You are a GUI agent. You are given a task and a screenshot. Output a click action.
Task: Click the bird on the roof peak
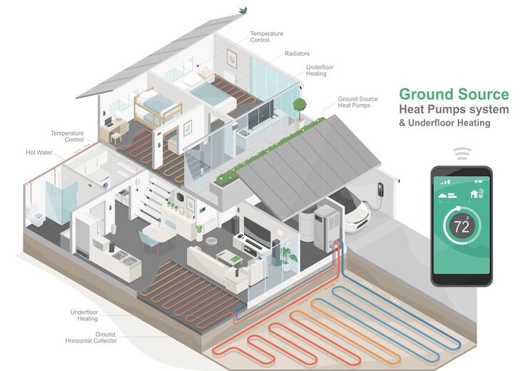click(x=243, y=11)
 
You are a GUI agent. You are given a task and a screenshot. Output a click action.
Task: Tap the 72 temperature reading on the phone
click(x=462, y=227)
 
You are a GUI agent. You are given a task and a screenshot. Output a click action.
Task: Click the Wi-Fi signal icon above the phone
click(x=462, y=153)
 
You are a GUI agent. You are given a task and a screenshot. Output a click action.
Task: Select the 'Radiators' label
click(x=297, y=54)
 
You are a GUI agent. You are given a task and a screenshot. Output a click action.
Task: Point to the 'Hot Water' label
click(x=39, y=153)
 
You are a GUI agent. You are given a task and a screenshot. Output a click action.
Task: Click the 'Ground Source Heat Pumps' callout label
click(x=357, y=102)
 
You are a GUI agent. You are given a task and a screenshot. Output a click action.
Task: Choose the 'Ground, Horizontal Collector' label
click(x=91, y=337)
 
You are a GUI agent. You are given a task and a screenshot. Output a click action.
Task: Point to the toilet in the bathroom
click(x=36, y=218)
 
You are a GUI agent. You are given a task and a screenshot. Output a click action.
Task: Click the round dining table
click(x=157, y=233)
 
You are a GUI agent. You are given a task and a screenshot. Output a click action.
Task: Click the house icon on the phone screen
click(x=474, y=194)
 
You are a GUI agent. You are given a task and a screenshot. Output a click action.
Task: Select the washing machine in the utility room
click(x=106, y=182)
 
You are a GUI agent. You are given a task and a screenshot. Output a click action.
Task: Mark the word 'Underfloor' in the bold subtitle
click(x=435, y=123)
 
